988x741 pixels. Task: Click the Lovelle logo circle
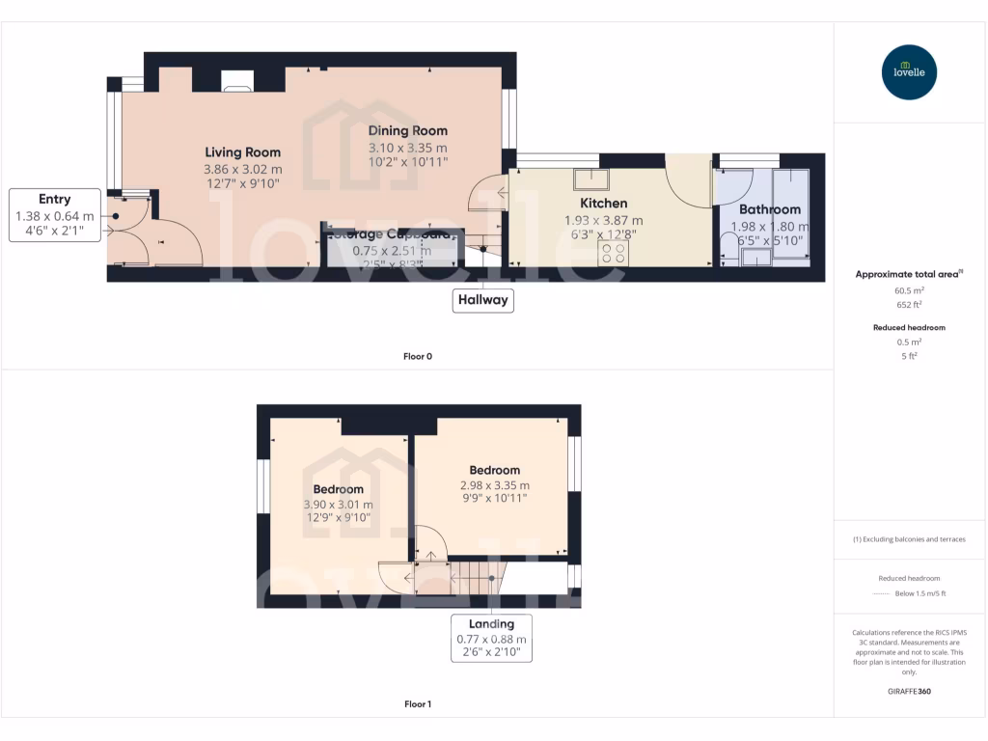coord(910,72)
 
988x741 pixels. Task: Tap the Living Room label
coord(242,152)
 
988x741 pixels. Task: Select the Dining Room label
coord(408,131)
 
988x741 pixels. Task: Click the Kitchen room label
coord(603,204)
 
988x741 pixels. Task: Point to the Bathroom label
coord(769,209)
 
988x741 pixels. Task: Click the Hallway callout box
coord(482,300)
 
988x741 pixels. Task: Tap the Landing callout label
coord(492,638)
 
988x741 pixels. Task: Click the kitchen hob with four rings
coord(613,253)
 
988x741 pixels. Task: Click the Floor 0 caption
coord(418,357)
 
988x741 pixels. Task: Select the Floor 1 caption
coord(418,704)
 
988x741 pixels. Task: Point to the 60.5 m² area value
coord(910,289)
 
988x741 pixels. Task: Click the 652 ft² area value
coord(910,304)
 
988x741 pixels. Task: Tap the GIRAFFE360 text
coord(910,691)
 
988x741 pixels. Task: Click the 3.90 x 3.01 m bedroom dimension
coord(338,505)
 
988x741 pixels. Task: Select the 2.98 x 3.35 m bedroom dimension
coord(495,485)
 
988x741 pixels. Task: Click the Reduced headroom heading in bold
coord(910,328)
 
